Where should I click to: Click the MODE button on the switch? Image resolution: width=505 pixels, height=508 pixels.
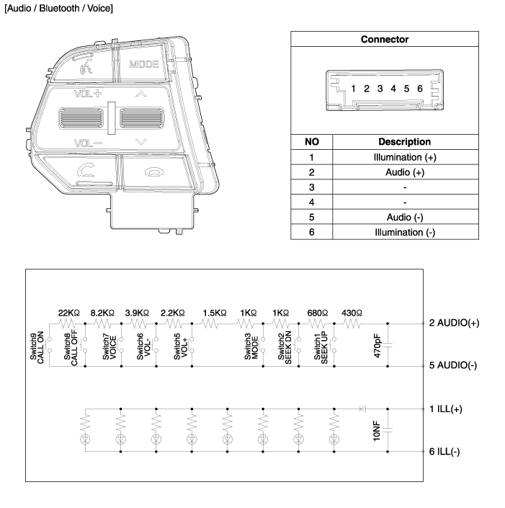(x=143, y=64)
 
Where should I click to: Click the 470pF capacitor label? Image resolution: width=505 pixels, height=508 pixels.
(x=377, y=345)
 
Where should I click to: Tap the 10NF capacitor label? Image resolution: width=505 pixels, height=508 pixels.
(x=376, y=430)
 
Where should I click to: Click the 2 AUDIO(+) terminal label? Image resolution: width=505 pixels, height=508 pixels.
(x=454, y=323)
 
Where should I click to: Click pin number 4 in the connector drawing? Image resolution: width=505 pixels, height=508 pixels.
(x=393, y=89)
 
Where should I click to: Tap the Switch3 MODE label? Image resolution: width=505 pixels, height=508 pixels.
(x=253, y=347)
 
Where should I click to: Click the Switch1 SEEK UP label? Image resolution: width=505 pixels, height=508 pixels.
(x=321, y=347)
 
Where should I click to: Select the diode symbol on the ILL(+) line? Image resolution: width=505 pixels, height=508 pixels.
(x=362, y=409)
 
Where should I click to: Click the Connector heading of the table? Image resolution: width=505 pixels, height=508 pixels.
(x=384, y=40)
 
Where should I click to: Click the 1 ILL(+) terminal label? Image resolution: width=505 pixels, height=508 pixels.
(x=446, y=409)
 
